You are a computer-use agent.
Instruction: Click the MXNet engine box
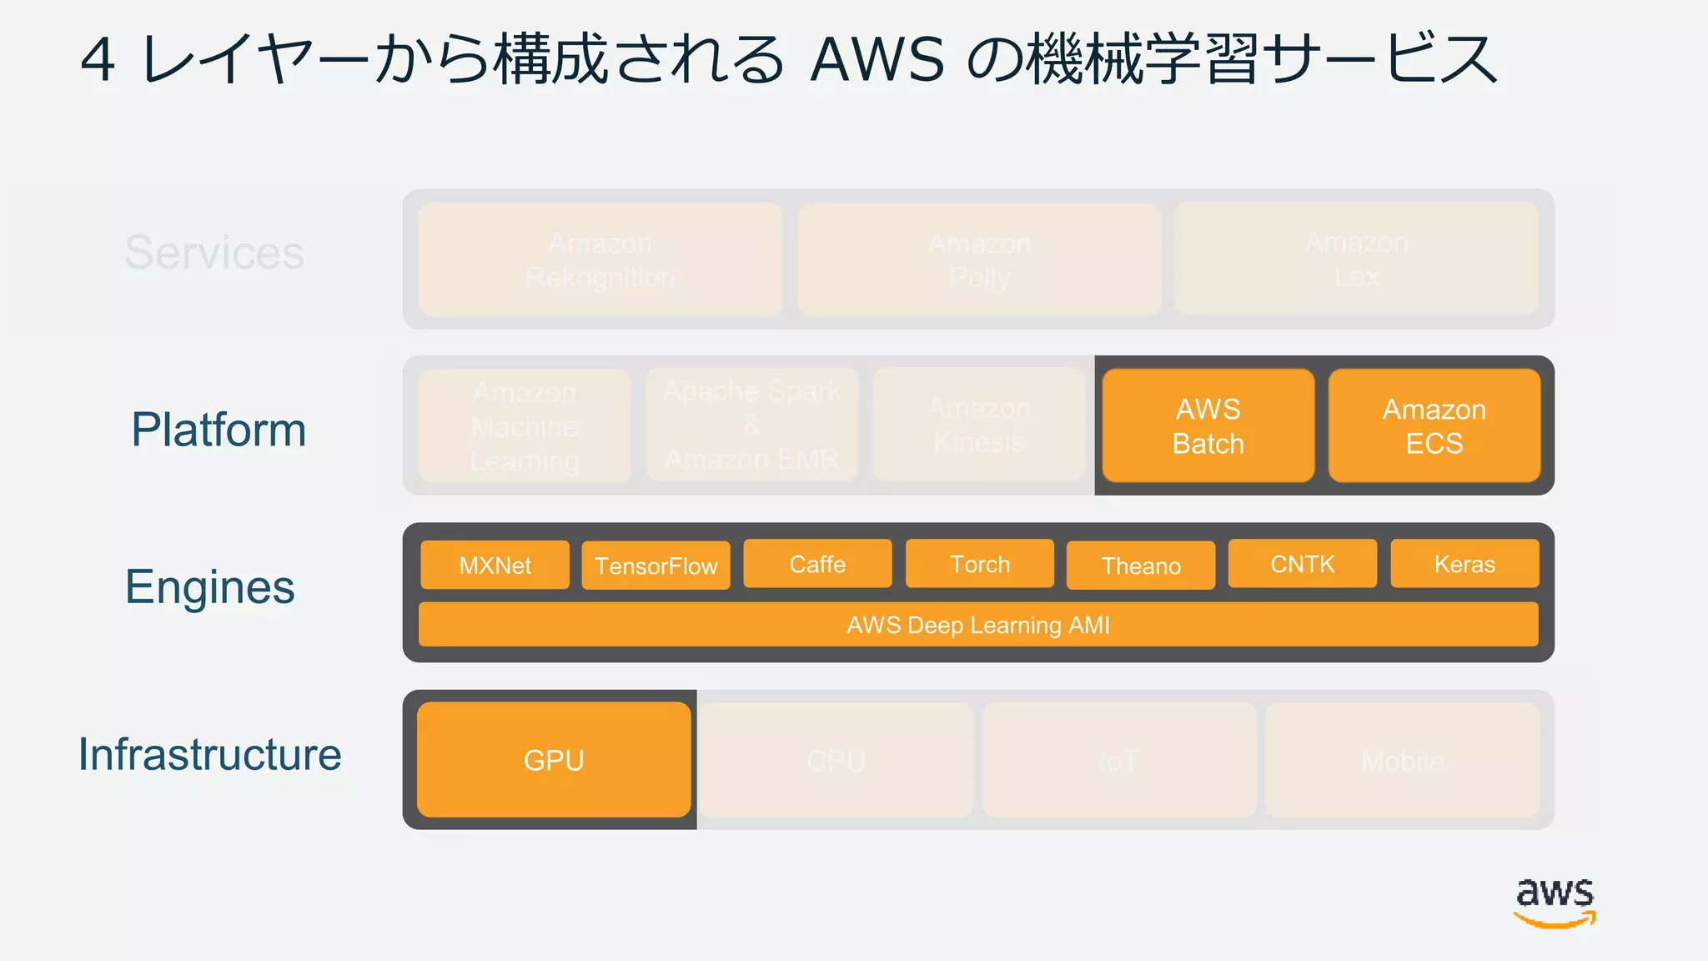[x=495, y=565]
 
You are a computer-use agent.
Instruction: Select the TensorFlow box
[x=656, y=566]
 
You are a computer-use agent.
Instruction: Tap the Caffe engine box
[x=817, y=564]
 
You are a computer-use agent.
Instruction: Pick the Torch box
[x=980, y=564]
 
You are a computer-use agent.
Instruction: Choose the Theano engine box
[x=1141, y=566]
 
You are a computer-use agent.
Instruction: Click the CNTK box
[x=1303, y=564]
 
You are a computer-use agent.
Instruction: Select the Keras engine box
[x=1464, y=564]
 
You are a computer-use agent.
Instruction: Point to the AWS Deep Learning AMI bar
[x=978, y=625]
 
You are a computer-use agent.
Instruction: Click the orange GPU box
[x=554, y=760]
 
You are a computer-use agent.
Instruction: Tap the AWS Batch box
[x=1208, y=426]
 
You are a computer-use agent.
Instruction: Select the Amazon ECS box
[x=1434, y=426]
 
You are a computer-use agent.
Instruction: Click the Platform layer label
[x=219, y=430]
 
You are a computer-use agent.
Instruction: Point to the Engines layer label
[x=210, y=587]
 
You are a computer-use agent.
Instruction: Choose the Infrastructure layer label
[x=210, y=754]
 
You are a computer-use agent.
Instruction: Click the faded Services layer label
[x=214, y=252]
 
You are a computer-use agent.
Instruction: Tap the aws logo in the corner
[x=1555, y=901]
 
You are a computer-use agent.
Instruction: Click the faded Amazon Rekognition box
[x=600, y=259]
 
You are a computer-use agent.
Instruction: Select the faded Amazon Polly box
[x=979, y=260]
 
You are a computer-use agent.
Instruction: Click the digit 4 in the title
[x=98, y=60]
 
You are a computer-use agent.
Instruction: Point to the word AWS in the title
[x=877, y=60]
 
